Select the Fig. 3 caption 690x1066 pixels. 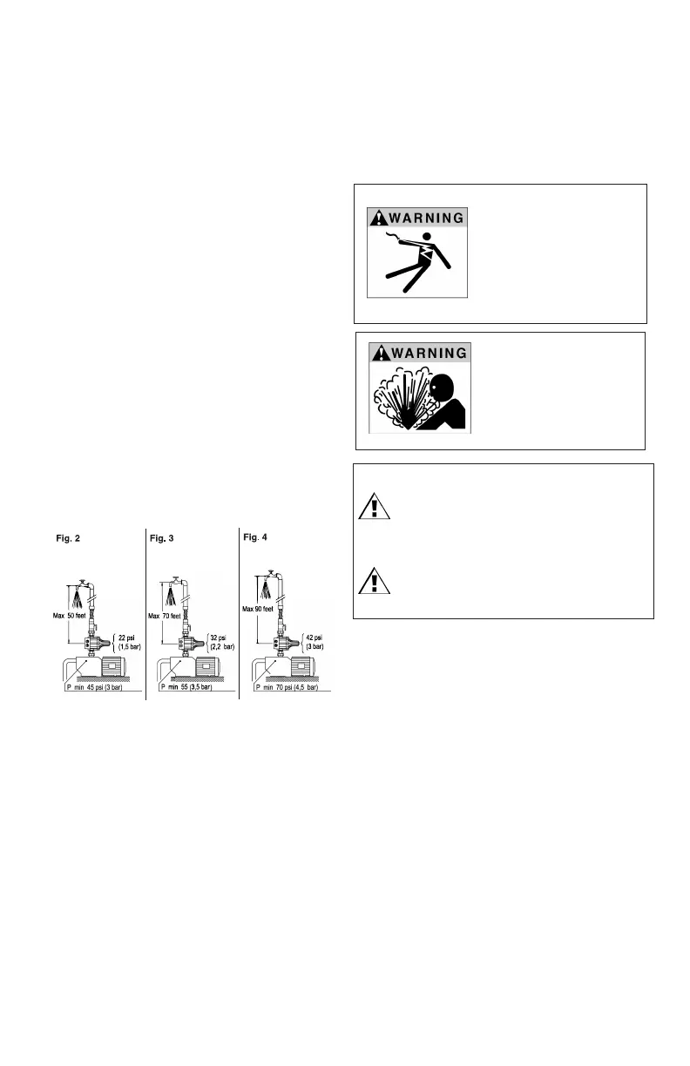tap(162, 539)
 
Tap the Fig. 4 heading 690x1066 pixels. tap(255, 537)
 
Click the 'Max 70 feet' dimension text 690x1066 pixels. tap(167, 617)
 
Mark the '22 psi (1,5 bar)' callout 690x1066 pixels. tap(130, 640)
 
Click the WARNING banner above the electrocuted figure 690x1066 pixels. tap(416, 217)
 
